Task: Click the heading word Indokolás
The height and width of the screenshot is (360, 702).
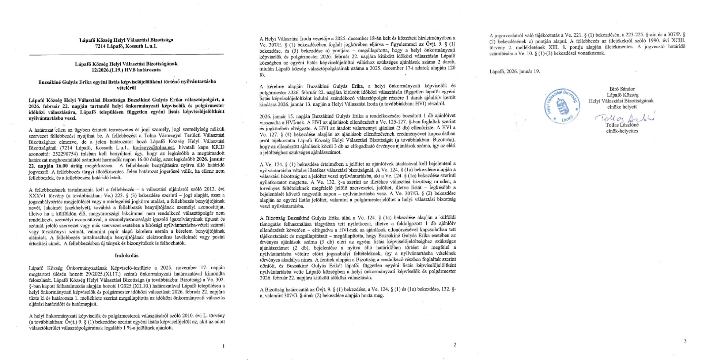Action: pos(127,255)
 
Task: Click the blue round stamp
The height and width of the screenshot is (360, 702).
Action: pos(562,106)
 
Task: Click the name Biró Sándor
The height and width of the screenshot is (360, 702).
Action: pos(622,89)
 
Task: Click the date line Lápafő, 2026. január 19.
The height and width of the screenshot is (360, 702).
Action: pos(514,71)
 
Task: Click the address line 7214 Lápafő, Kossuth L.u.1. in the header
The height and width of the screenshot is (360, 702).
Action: pos(126,46)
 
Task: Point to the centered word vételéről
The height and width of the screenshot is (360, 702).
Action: pos(126,88)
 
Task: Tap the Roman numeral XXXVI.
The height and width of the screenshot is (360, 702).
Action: pos(38,195)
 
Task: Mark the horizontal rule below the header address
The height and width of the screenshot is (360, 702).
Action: pos(126,55)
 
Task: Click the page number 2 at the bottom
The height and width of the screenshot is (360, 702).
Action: pos(454,344)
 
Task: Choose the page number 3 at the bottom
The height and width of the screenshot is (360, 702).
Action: pos(685,341)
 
